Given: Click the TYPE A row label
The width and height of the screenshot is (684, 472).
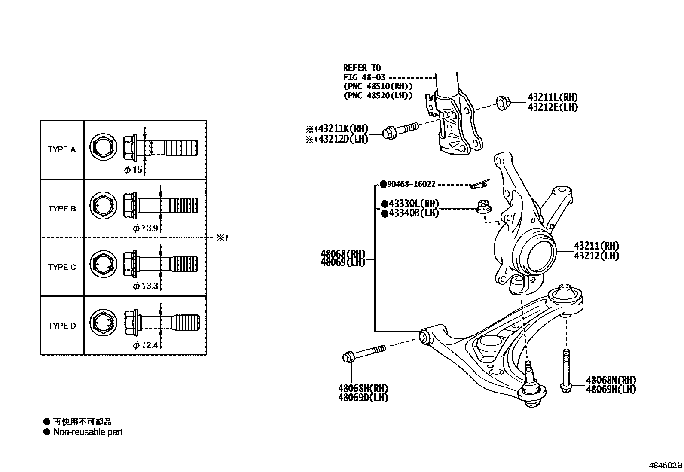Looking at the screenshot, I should point(61,149).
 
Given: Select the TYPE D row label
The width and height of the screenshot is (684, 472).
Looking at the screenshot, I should point(61,326).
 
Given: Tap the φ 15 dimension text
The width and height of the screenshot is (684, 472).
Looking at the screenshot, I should point(133,170).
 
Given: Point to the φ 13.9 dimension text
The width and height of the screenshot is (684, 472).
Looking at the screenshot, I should point(145,228).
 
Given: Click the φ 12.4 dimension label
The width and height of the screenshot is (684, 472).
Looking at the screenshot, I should point(145,345).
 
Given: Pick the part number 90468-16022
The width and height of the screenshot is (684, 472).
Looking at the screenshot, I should point(411,184).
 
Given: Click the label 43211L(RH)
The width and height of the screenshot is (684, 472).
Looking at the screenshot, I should point(553,98).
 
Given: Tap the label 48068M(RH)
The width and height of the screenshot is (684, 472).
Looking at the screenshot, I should point(611,380).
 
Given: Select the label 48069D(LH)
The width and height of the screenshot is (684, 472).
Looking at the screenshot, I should point(363,398).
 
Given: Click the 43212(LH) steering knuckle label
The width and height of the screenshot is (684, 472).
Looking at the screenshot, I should point(596,256).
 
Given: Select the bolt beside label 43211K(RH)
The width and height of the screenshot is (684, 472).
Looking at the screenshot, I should point(399,131).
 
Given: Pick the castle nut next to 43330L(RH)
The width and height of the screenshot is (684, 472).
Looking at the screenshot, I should point(483,207).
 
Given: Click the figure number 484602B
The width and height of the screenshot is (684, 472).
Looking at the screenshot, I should point(665,465).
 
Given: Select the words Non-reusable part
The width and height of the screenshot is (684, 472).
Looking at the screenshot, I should point(88,432).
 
